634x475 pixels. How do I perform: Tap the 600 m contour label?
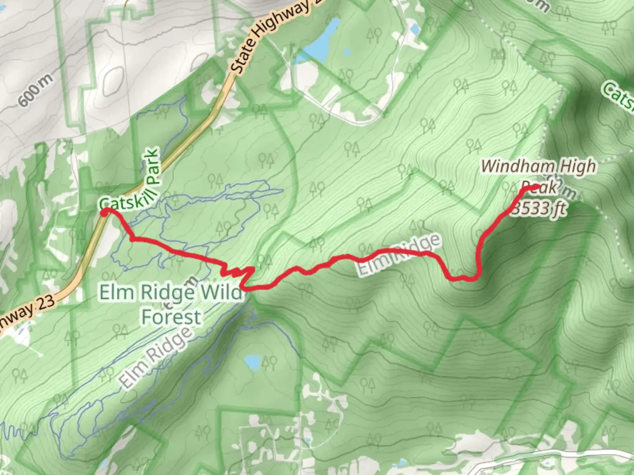coord(35,91)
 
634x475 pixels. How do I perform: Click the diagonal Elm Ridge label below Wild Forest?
coord(156,356)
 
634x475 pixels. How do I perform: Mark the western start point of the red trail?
coord(104,213)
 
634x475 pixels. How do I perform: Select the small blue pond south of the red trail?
coord(252,362)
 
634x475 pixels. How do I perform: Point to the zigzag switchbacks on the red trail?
coord(240,274)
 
